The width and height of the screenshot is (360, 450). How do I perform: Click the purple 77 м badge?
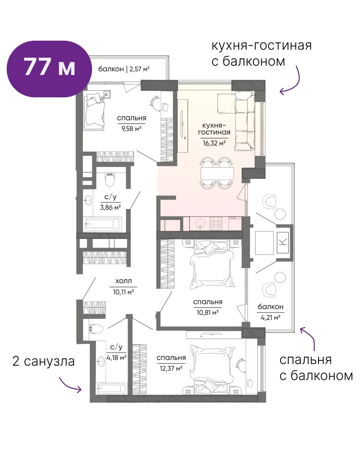tap(49, 69)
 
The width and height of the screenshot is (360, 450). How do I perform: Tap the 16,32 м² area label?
tap(214, 143)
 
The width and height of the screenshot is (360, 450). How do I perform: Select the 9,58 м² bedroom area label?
tap(131, 129)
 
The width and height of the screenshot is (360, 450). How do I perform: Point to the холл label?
tap(123, 281)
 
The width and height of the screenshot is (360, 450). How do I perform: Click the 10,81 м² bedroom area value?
tap(208, 313)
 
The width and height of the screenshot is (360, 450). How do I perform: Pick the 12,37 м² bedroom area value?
tap(171, 374)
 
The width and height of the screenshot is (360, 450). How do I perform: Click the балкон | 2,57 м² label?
tap(124, 69)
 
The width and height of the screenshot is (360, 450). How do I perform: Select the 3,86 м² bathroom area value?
tap(110, 207)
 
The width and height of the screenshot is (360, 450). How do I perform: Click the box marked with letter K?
tap(283, 242)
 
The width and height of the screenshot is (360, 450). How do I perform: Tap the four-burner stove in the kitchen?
tap(216, 223)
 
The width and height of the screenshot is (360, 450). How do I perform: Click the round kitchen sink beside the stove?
tap(201, 223)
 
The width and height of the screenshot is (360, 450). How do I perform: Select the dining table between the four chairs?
tap(217, 173)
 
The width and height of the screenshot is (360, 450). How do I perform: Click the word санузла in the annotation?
tap(49, 362)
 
